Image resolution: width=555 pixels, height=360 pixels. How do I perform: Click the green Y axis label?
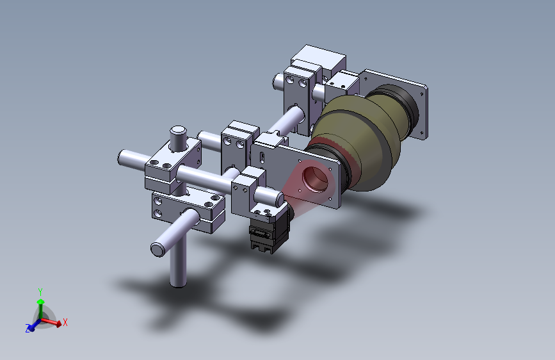click(40, 292)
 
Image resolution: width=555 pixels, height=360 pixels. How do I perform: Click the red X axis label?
click(65, 322)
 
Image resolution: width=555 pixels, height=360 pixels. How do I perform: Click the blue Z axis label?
click(28, 329)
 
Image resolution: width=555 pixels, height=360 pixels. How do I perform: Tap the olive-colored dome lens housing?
click(357, 142)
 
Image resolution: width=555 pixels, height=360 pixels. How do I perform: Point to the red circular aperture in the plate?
click(315, 179)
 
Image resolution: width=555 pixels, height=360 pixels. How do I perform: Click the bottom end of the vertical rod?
click(178, 283)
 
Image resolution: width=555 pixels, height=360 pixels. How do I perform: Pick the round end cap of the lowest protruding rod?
click(158, 249)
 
